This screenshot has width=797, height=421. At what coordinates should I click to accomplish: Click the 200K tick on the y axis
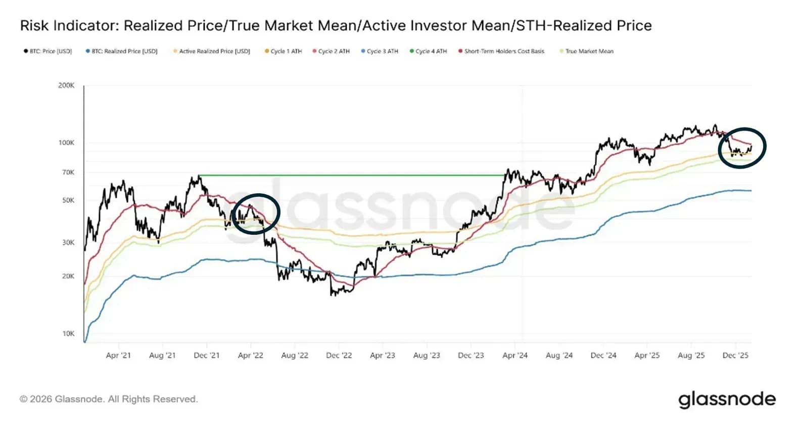pos(67,86)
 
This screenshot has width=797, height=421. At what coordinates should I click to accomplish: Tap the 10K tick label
pos(68,334)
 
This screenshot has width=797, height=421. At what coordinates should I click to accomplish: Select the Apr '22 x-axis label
pos(251,355)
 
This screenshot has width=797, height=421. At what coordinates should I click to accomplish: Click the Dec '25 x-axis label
pos(735,355)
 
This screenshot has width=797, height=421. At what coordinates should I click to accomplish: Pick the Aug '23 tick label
pos(427,355)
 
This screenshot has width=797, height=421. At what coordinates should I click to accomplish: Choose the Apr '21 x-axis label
pos(118,355)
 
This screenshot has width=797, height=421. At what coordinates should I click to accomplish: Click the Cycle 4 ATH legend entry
pos(429,51)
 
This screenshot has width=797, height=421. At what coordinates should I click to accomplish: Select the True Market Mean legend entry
pos(587,51)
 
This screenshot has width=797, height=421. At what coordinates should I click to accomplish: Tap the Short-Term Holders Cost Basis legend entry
pos(502,51)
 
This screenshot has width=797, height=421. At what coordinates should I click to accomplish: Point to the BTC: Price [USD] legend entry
pos(48,51)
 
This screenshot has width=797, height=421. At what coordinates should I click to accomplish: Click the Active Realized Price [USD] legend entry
pos(212,51)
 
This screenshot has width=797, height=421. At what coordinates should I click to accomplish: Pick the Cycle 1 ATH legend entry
pos(283,51)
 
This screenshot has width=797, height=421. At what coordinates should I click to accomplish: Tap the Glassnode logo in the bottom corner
pos(727,400)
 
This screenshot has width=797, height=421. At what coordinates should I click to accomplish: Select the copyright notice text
pos(109,399)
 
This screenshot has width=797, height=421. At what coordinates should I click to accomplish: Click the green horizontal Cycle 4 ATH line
pos(352,175)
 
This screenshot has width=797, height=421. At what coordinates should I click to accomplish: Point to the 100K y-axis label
pos(67,143)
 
